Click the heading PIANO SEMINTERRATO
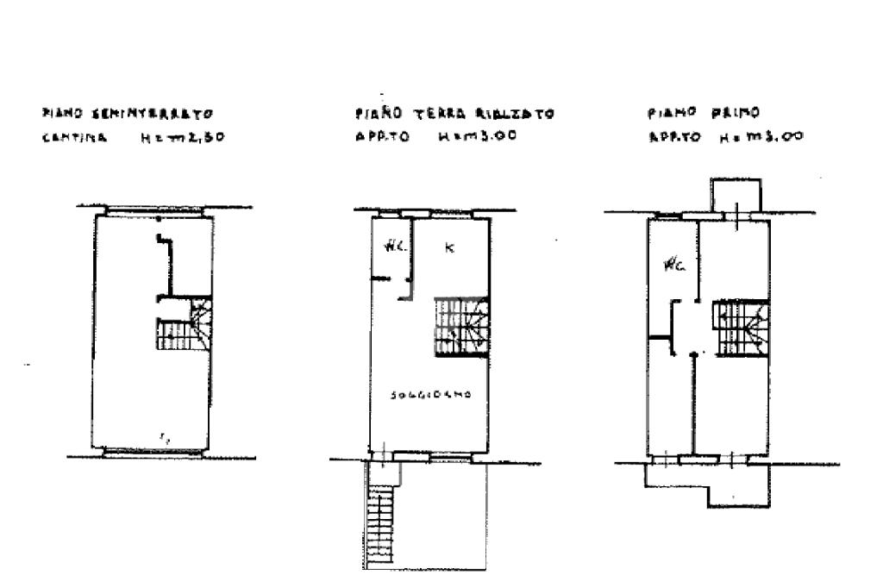[127, 113]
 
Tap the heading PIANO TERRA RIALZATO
[453, 114]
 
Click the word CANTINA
[75, 136]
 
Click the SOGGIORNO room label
[429, 395]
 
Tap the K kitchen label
[448, 248]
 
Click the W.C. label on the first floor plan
[673, 266]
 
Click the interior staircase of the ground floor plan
[460, 326]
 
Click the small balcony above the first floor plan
[735, 194]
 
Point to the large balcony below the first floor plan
[707, 479]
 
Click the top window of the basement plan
[154, 210]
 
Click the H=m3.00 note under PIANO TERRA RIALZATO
[477, 136]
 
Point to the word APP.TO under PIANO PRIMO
[671, 136]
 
